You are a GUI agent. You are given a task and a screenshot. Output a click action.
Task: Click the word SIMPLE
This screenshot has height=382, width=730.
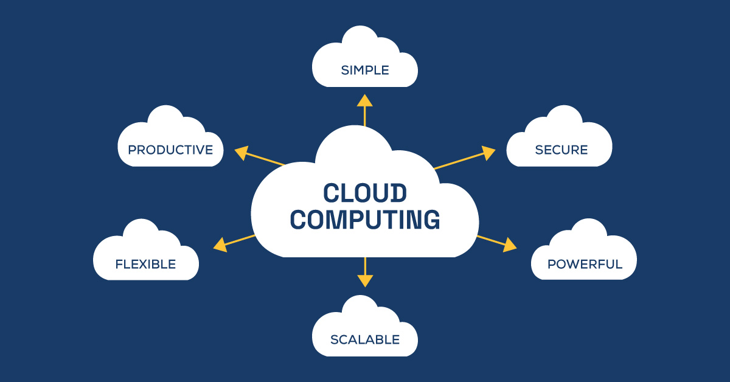click(x=365, y=70)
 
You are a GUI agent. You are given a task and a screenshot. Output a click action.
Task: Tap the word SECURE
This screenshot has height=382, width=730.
click(x=561, y=150)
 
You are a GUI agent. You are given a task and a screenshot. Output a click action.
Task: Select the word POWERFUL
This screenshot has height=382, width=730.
click(x=585, y=264)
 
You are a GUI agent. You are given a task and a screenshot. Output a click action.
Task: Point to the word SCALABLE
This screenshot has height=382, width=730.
click(x=365, y=339)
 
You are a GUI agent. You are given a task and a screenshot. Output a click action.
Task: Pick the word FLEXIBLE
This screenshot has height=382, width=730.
click(x=145, y=264)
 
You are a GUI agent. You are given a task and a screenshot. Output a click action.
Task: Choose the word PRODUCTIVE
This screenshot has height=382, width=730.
click(x=170, y=150)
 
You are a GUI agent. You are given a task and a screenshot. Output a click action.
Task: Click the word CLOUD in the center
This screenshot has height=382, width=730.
click(x=364, y=193)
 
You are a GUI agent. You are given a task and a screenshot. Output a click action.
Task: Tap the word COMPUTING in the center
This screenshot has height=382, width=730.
click(x=365, y=220)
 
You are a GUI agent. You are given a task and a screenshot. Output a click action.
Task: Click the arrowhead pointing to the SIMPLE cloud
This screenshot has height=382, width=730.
click(x=365, y=101)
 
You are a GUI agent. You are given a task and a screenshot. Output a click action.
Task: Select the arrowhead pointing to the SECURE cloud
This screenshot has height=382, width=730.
click(x=488, y=152)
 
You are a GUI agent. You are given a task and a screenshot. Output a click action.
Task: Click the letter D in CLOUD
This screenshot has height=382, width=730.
click(x=397, y=193)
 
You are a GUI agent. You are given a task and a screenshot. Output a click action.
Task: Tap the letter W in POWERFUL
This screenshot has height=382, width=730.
click(x=575, y=264)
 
